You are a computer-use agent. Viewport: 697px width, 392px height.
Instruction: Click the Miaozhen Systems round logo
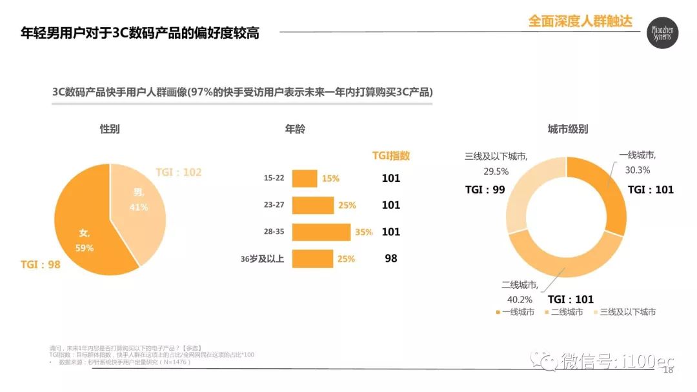663,33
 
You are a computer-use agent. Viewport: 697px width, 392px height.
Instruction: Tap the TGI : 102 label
179,172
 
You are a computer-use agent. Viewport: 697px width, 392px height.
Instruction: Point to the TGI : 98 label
40,264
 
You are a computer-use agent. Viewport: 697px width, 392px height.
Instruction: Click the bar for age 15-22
305,179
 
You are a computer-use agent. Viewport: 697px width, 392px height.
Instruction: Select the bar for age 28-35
321,232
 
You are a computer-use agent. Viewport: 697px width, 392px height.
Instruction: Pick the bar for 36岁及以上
312,259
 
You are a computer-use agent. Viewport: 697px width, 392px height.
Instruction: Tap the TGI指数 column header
391,155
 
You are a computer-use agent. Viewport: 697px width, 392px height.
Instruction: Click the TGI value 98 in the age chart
391,259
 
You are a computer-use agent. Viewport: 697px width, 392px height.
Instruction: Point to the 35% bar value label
363,232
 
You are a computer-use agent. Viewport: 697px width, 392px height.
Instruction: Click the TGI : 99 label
485,190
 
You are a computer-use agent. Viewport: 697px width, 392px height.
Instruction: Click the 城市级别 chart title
568,129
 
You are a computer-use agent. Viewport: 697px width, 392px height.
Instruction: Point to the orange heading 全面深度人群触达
580,21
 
